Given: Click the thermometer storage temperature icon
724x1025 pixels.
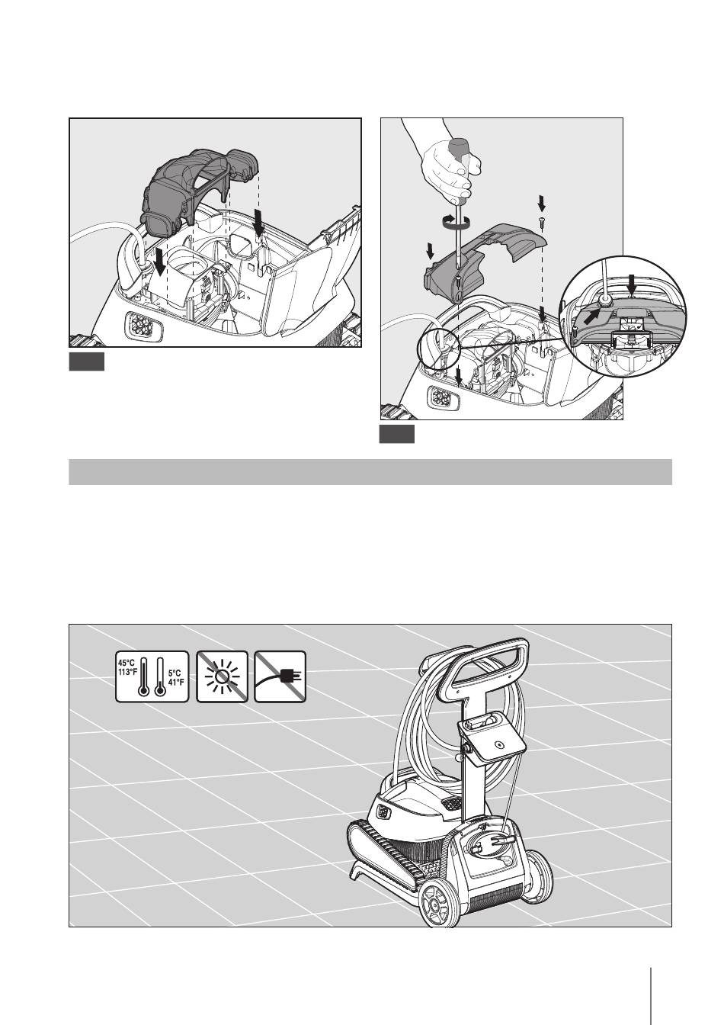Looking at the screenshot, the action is (152, 676).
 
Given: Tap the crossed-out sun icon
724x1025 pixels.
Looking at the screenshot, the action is (222, 676).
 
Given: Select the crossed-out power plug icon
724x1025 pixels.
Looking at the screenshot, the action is (280, 676).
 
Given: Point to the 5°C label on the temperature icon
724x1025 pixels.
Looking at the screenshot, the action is (175, 673).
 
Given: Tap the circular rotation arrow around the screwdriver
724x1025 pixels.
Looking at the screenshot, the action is (457, 221).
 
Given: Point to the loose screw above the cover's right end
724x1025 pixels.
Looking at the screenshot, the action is (542, 223).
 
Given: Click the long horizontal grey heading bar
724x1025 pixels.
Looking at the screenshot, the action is (370, 472).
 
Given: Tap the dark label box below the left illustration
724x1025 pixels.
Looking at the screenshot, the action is (87, 361).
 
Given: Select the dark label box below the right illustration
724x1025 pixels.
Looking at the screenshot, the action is (397, 434).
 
